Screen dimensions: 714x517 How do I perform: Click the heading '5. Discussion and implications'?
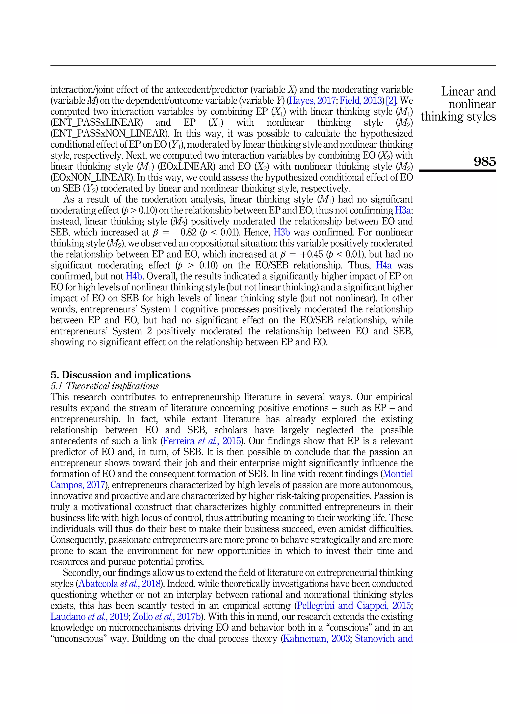pos(120,375)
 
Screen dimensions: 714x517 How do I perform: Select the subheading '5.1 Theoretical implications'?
pos(105,386)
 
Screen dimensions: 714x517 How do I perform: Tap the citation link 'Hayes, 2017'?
pos(312,101)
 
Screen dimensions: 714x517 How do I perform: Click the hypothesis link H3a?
pos(403,210)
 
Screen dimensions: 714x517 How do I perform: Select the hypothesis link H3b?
pos(281,232)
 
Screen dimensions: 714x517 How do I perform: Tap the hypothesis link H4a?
pos(384,265)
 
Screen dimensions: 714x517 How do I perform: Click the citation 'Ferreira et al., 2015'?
pos(202,441)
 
